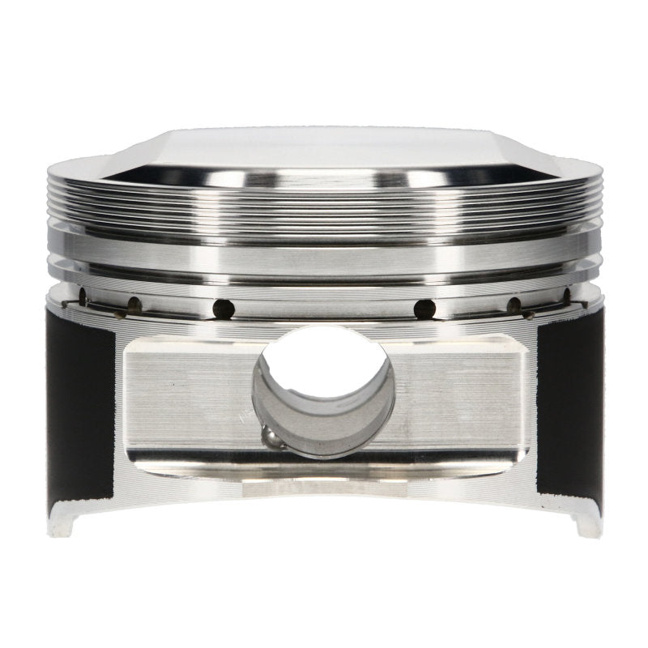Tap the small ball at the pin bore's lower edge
point(273,438)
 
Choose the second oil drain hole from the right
point(514,305)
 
